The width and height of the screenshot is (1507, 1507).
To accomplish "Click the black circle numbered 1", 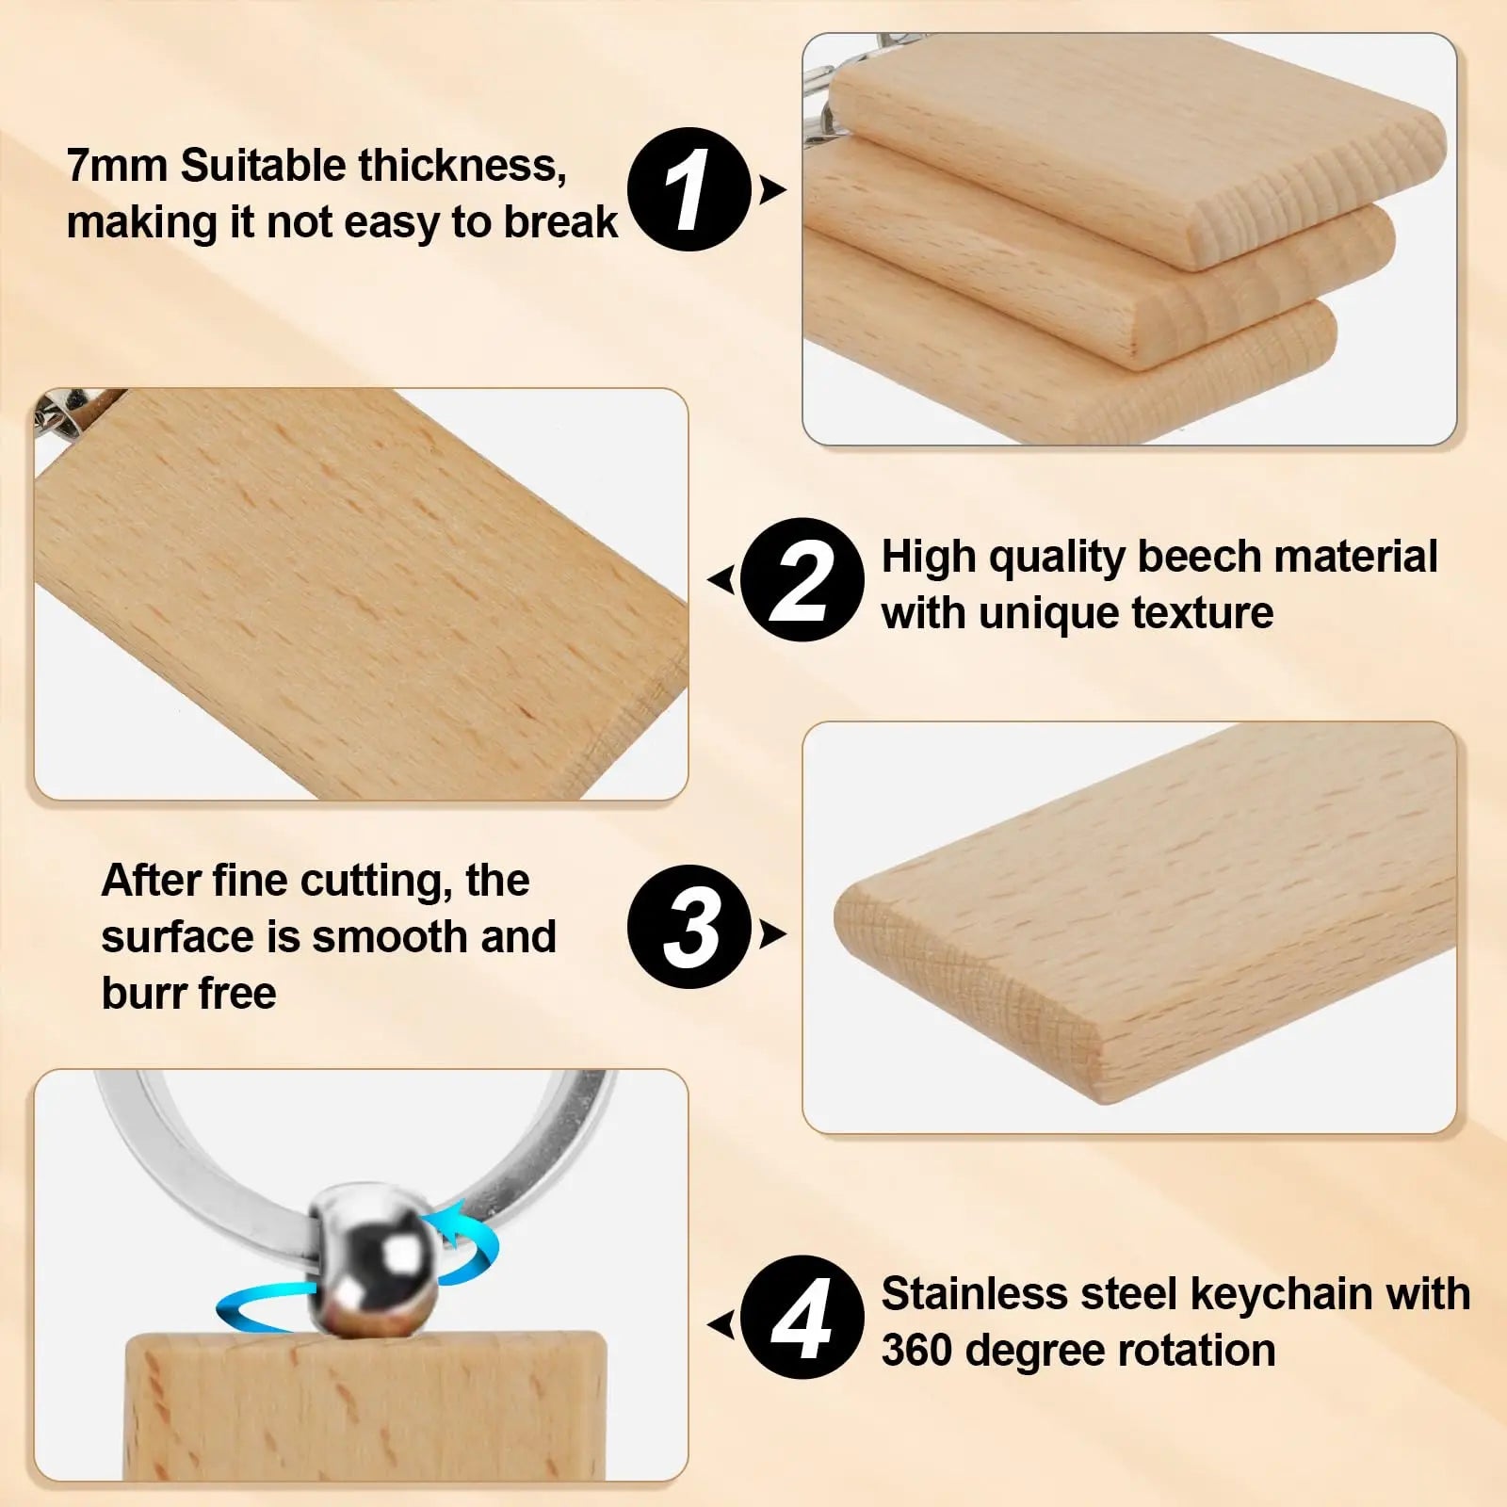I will pyautogui.click(x=689, y=189).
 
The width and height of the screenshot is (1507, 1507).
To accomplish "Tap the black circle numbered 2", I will pyautogui.click(x=802, y=579).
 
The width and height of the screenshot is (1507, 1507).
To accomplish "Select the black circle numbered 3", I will pyautogui.click(x=689, y=928).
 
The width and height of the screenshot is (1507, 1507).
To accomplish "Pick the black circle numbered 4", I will pyautogui.click(x=802, y=1318).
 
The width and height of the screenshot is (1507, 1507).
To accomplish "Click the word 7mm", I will pyautogui.click(x=117, y=166).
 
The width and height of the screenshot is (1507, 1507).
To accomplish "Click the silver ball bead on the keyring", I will pyautogui.click(x=376, y=1258).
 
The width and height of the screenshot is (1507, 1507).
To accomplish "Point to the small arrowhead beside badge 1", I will pyautogui.click(x=772, y=190).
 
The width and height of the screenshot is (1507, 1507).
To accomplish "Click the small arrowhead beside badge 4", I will pyautogui.click(x=721, y=1324).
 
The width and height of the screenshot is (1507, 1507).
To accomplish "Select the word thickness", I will pyautogui.click(x=462, y=166).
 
